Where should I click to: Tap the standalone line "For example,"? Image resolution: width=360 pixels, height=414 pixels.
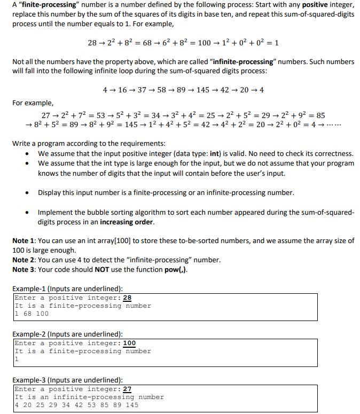pyautogui.click(x=33, y=103)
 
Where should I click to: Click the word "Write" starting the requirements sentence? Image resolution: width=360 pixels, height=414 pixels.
pyautogui.click(x=22, y=143)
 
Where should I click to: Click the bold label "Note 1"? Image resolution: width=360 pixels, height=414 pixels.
pyautogui.click(x=25, y=240)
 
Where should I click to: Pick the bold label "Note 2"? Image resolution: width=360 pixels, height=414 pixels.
pyautogui.click(x=25, y=260)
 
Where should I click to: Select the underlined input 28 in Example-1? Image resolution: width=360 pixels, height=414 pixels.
pyautogui.click(x=127, y=298)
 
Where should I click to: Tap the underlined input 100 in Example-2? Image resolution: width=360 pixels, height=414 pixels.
pyautogui.click(x=129, y=343)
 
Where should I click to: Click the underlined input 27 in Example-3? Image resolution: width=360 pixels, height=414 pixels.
pyautogui.click(x=127, y=389)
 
